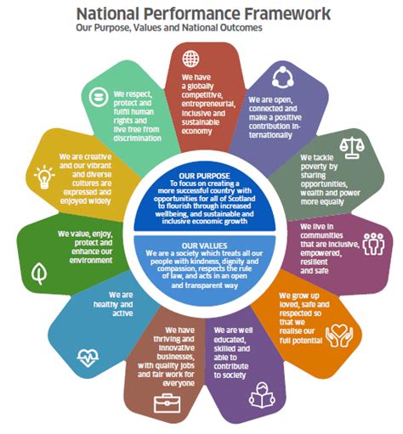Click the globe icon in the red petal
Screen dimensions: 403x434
coord(190,59)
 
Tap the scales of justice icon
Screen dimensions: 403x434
coord(352,148)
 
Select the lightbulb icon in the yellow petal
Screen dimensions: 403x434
coord(44,177)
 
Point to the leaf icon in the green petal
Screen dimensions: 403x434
coord(39,273)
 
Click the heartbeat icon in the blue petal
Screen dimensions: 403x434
coord(88,358)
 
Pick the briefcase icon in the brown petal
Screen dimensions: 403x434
coord(167,403)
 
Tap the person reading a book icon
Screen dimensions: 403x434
coord(262,395)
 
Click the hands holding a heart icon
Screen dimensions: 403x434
coord(339,335)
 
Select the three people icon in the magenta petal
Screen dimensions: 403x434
coord(373,244)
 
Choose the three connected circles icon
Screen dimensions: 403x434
coord(282,76)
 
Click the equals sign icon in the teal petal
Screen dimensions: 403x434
coord(99,97)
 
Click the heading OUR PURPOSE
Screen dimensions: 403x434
coord(204,176)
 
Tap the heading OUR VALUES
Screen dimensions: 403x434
coord(204,245)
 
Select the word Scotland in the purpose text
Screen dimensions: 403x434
coord(241,199)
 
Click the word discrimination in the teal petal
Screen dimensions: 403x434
coord(138,138)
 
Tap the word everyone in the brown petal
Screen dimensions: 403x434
coord(179,383)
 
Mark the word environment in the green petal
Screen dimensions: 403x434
coord(91,260)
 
